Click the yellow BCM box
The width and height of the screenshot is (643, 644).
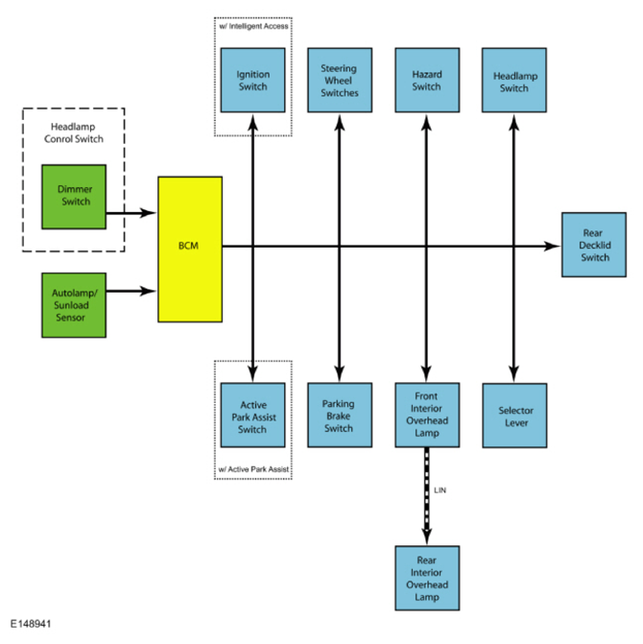(190, 250)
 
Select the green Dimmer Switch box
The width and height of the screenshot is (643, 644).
(74, 197)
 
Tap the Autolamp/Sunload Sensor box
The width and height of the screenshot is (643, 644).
(74, 305)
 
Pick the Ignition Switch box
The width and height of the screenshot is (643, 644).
(253, 80)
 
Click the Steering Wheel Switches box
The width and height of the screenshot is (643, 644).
(340, 80)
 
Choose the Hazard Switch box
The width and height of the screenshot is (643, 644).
(427, 80)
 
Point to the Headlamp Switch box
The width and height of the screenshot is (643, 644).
(514, 80)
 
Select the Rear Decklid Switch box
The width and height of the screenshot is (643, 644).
(594, 245)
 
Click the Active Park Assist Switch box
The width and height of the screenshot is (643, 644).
(253, 416)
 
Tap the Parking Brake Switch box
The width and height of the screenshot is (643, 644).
(340, 416)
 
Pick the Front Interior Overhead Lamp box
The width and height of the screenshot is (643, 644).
(427, 416)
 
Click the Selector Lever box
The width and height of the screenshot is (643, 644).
(515, 416)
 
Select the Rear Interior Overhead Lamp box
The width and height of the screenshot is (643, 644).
(427, 579)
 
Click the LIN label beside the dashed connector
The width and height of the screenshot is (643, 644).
(441, 490)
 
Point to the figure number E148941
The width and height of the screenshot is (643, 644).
(31, 624)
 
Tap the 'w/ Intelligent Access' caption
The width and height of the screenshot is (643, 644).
(253, 26)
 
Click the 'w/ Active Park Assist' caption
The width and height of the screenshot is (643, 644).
(253, 469)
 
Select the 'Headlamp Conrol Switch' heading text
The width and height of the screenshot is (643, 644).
(74, 132)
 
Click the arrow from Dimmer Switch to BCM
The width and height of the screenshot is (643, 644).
(131, 213)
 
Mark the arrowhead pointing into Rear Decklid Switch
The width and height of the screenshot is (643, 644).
(552, 247)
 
